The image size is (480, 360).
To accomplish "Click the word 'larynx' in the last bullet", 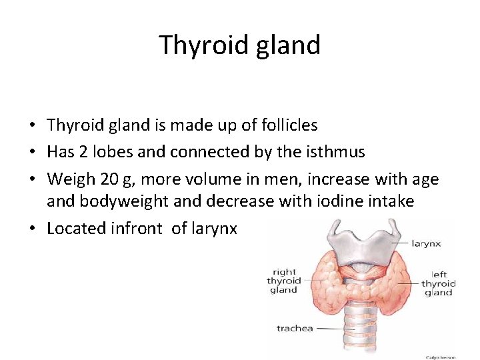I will coord(214,228).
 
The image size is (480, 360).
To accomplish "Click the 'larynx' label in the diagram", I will coord(426,244).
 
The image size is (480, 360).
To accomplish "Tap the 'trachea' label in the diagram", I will coord(294,328).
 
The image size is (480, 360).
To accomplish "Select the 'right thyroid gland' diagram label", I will coord(283,281).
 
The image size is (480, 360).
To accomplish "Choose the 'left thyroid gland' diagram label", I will coord(438,283).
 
